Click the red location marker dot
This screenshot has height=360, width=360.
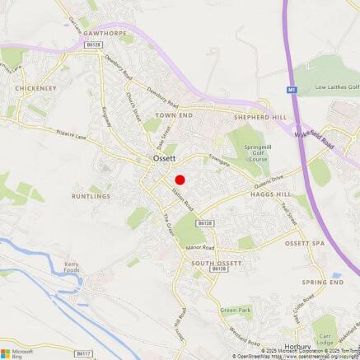180,180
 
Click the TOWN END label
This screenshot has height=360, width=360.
175,116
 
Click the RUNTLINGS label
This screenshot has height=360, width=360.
91,196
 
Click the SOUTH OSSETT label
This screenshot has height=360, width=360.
217,262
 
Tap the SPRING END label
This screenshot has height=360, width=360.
323,282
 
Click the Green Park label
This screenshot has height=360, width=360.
236,311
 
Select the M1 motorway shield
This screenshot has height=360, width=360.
291,88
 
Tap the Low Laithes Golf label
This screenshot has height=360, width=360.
338,86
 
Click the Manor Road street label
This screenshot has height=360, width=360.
199,248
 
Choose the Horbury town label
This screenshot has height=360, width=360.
297,347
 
